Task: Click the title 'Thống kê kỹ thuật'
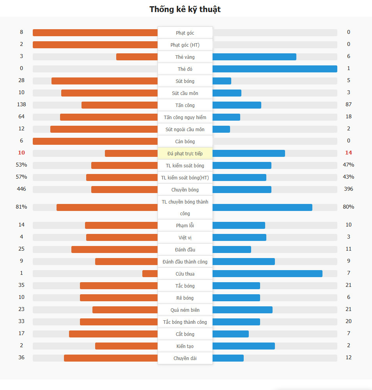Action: click(x=185, y=9)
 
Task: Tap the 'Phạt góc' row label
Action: click(x=185, y=33)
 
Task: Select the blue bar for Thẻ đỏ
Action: click(x=275, y=69)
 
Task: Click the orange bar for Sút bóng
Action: click(x=105, y=81)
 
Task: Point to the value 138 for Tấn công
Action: click(x=21, y=105)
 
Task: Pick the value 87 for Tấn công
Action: click(x=349, y=105)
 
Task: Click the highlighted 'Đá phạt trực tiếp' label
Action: click(x=185, y=154)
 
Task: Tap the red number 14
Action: click(x=348, y=153)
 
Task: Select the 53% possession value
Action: click(x=21, y=165)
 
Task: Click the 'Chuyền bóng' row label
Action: click(x=185, y=190)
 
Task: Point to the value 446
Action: click(x=21, y=189)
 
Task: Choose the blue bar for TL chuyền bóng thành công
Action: click(x=262, y=207)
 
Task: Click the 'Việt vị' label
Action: click(x=185, y=238)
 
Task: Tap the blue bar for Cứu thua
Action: click(x=267, y=274)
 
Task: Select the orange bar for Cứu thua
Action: click(x=150, y=274)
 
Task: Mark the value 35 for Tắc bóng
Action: click(x=21, y=285)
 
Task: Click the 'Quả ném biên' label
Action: click(x=185, y=310)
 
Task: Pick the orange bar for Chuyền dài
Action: click(x=111, y=358)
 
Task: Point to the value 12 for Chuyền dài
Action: click(x=349, y=357)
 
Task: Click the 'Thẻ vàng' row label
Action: click(x=185, y=57)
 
